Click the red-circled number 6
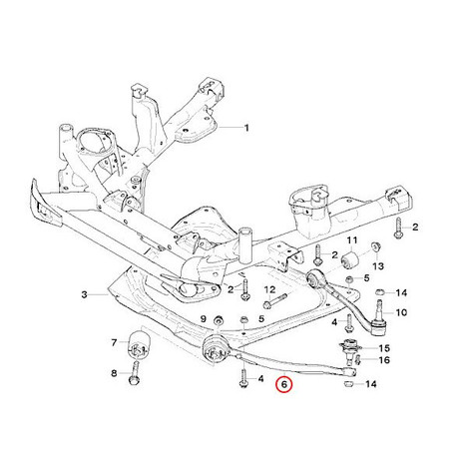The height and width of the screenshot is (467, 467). [x=283, y=384]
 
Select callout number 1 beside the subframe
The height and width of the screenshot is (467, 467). [x=246, y=128]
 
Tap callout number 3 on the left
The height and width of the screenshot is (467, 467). [x=85, y=294]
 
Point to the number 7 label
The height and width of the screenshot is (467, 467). [x=114, y=342]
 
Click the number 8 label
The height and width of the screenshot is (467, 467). [x=114, y=373]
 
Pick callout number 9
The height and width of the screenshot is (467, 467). [x=203, y=319]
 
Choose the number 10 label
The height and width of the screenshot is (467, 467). [x=401, y=312]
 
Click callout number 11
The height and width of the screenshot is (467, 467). [x=352, y=240]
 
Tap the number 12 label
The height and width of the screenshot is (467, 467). [x=270, y=289]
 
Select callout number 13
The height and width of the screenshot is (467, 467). [x=378, y=266]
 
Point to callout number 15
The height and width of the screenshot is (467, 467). [x=384, y=348]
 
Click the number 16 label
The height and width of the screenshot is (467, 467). [x=384, y=360]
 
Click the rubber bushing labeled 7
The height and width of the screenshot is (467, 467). [x=140, y=344]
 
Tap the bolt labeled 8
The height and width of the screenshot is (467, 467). [x=135, y=372]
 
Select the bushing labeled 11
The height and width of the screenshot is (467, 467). [x=350, y=259]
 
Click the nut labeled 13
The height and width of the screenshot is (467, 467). [x=376, y=247]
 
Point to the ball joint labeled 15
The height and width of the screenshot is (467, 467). [x=348, y=348]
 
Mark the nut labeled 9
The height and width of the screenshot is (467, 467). [x=219, y=320]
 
